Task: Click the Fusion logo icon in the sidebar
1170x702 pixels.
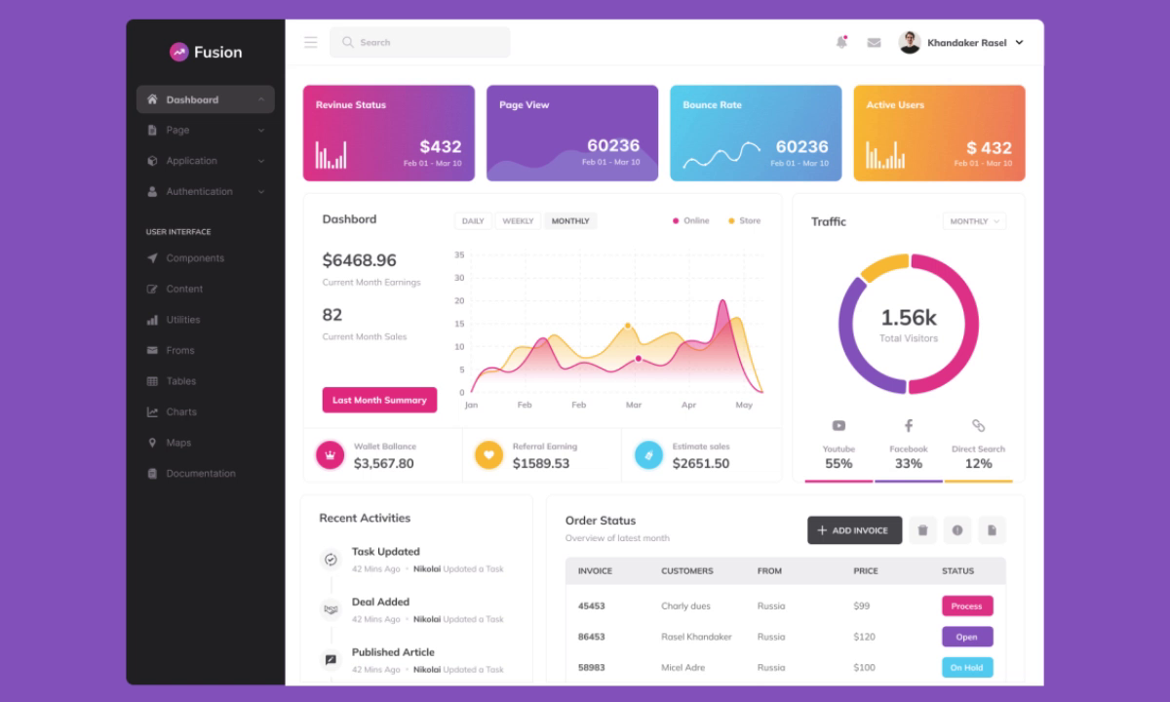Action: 178,53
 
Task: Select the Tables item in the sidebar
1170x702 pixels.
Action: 180,381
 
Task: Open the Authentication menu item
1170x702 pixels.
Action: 199,192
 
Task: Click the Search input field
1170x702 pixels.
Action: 420,43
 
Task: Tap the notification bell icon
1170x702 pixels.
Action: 841,43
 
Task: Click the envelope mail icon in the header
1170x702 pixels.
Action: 874,43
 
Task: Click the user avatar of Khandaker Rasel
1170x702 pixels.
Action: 910,43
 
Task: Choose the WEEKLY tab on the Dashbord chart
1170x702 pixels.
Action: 518,221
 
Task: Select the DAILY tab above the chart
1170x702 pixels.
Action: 473,221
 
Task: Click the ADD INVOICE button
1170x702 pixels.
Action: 854,530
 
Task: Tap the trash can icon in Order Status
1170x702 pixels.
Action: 922,530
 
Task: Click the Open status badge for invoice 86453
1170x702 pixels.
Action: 966,637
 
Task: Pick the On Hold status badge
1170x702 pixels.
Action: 966,668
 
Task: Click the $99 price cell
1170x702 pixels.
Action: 861,606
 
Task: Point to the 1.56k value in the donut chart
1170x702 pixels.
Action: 908,318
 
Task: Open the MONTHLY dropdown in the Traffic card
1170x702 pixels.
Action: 974,221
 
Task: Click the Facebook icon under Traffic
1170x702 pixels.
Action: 908,426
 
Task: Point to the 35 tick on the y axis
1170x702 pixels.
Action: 459,255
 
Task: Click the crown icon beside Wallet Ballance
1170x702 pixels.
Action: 330,454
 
